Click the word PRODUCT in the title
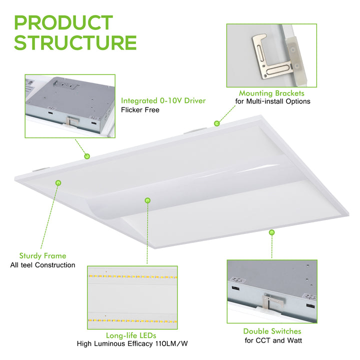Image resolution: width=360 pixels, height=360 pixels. (63, 22)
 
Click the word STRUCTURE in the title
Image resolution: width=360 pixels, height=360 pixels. (75, 42)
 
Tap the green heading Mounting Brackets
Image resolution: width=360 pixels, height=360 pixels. (271, 93)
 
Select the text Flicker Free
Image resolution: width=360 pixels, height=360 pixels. (140, 110)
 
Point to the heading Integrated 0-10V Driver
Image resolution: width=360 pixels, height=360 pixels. (163, 101)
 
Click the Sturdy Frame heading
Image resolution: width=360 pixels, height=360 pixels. (42, 256)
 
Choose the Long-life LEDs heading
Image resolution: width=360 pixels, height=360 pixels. (131, 335)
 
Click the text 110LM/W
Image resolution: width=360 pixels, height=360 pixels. (171, 343)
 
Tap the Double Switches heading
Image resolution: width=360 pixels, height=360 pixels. (272, 331)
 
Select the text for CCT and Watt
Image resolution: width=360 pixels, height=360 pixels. (273, 340)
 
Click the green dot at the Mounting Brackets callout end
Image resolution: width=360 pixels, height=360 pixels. (216, 123)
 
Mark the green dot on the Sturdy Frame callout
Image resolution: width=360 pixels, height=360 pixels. (58, 183)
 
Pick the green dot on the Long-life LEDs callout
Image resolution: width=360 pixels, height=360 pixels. (147, 200)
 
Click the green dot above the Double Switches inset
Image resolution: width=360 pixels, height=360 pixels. (272, 232)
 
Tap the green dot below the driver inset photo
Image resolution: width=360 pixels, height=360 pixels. (87, 156)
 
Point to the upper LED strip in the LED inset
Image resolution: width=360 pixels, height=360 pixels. (132, 276)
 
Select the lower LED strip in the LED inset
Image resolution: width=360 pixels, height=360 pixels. (132, 320)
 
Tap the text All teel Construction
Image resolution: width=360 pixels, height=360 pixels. (42, 265)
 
